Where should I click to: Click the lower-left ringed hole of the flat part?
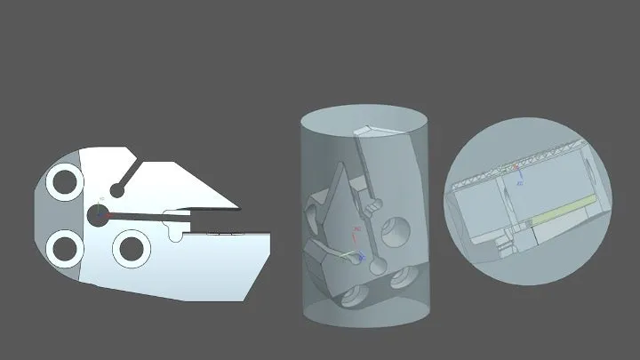65,246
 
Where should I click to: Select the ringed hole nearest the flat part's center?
132,247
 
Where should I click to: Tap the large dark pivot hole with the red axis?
98,213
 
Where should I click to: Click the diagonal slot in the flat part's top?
129,174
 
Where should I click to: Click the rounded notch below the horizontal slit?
175,235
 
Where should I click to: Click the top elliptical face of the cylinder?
364,121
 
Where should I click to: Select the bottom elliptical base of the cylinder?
366,311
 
